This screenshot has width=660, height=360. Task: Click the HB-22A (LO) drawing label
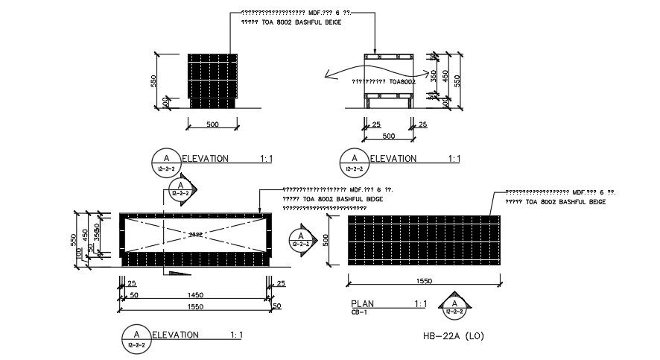coord(454,336)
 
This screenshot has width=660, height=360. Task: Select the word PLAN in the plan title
coord(362,304)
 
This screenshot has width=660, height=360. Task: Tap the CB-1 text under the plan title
coord(359,313)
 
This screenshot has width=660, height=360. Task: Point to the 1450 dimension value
coord(197,296)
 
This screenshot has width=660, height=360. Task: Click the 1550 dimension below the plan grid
coord(425,280)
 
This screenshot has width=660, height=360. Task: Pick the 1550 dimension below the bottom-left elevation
coord(197,306)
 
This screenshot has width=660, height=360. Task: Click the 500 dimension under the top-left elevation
coord(212,124)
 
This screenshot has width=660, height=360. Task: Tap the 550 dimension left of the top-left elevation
coord(153,80)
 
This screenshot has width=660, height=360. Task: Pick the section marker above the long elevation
coord(180,189)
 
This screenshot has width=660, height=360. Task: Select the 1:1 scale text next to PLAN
coord(420,304)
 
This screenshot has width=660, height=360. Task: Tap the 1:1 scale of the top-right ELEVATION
coord(454,159)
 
